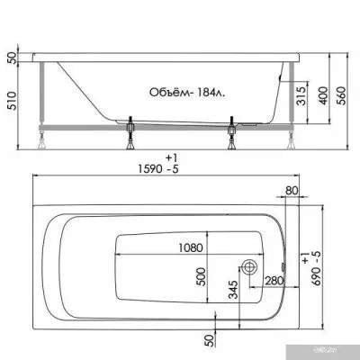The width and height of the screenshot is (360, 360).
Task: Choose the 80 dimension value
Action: click(291, 191)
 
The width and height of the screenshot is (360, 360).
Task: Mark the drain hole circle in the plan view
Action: click(248, 267)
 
